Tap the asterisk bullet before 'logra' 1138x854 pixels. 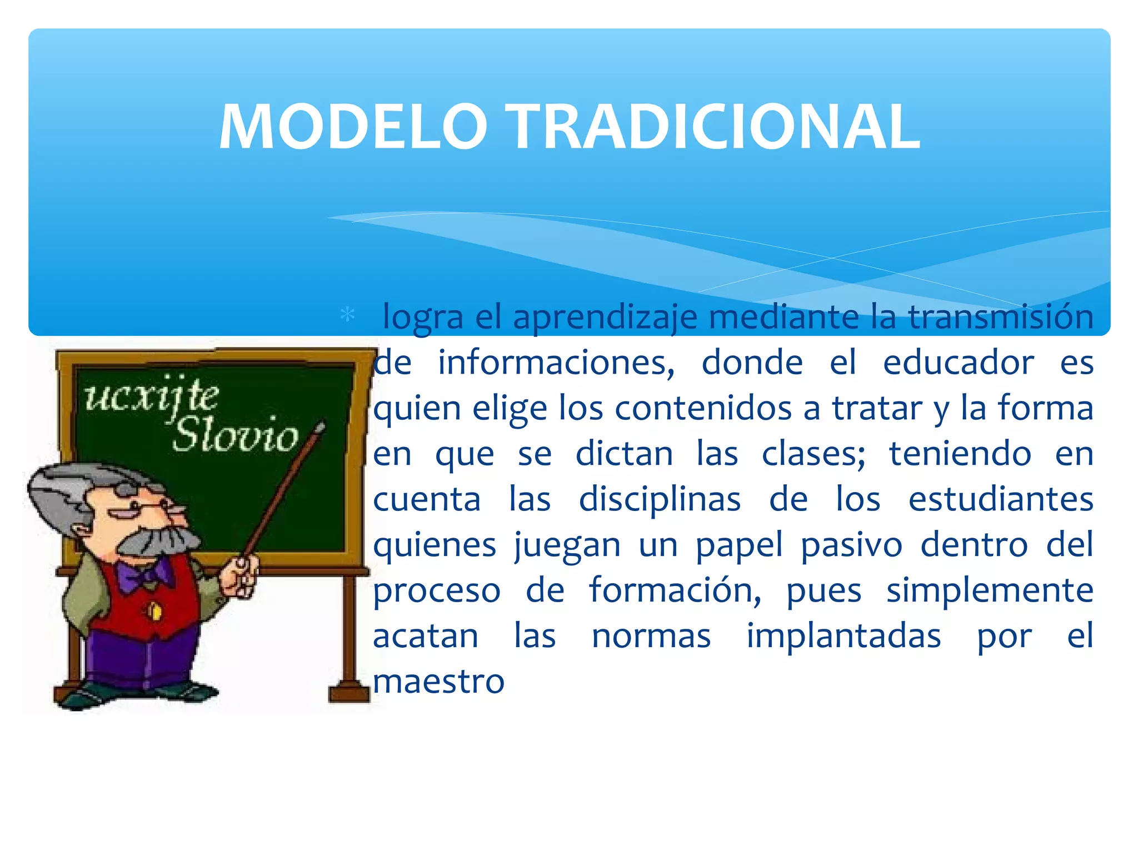(x=348, y=315)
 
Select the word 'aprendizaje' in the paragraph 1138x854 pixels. (x=605, y=318)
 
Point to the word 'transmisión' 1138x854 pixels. (x=1000, y=317)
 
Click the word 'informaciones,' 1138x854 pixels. (x=556, y=364)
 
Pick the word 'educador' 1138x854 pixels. (x=958, y=363)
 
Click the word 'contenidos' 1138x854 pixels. (x=703, y=409)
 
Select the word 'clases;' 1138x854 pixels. (x=813, y=454)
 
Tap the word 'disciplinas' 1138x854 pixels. (x=660, y=500)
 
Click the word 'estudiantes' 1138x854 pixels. (x=1000, y=499)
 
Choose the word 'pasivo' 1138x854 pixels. (x=851, y=545)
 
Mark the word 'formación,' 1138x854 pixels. (x=675, y=590)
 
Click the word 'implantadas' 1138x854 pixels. (x=843, y=637)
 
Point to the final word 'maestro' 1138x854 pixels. (x=438, y=682)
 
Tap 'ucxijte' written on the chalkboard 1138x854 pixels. (x=152, y=397)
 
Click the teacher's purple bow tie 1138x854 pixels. (x=144, y=575)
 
